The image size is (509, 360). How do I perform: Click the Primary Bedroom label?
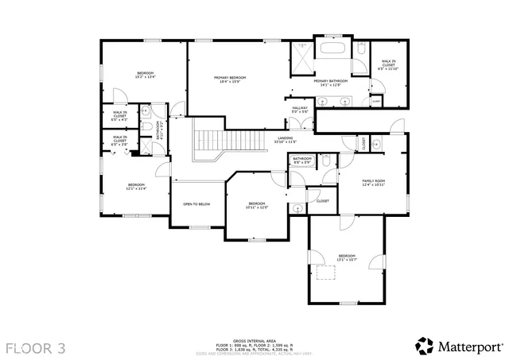[x=230, y=79]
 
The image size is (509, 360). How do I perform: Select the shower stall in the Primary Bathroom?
[x=302, y=52]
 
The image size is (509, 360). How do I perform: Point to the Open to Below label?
[x=196, y=204]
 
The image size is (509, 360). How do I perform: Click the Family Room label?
[x=374, y=182]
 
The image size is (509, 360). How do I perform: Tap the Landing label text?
[x=285, y=139]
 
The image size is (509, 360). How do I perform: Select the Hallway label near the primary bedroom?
[x=300, y=109]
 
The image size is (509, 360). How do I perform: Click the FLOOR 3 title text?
[x=36, y=347]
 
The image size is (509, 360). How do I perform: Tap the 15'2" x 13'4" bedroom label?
[x=144, y=74]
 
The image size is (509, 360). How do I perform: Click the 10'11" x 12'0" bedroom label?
[x=256, y=205]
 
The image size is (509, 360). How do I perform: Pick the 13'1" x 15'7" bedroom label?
[x=347, y=257]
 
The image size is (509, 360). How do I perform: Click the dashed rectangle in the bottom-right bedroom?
[x=325, y=273]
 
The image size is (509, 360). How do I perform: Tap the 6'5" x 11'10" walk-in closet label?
[x=389, y=64]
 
